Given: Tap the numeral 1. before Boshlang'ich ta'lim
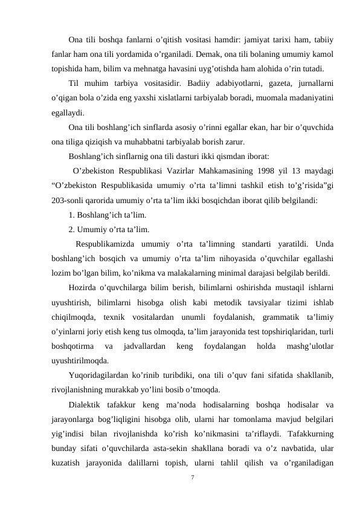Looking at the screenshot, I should [x=72, y=215].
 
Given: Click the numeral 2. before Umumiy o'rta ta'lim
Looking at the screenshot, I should [x=72, y=229].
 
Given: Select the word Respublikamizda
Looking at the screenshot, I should [x=107, y=244].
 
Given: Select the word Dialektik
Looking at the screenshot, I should [x=87, y=404].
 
